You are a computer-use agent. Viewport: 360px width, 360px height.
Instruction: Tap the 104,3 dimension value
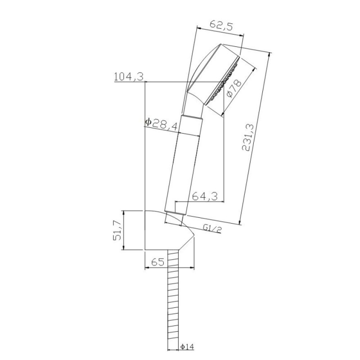tap(129, 76)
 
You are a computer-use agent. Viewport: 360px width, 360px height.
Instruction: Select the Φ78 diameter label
tap(234, 88)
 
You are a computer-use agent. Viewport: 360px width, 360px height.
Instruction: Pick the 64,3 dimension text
tap(205, 196)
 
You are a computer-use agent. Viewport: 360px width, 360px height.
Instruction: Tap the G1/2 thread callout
tap(212, 229)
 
